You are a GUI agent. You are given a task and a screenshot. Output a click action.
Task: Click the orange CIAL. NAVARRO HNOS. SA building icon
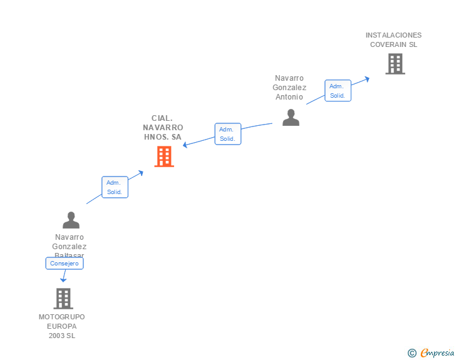pos(164,157)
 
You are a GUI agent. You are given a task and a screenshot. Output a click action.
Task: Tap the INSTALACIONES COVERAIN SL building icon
pos(395,64)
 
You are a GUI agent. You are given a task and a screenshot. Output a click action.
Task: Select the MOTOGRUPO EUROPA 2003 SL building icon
pos(63,299)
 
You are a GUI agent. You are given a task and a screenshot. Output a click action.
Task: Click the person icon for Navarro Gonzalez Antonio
pos(291,117)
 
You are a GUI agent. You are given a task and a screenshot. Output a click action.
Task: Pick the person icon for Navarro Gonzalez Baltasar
pos(71,220)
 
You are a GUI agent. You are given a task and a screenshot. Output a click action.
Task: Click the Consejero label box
pos(65,264)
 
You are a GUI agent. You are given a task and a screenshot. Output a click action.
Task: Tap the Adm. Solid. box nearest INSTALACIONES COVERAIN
pos(338,91)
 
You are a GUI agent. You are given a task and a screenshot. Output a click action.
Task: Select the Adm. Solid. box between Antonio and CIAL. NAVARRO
pos(227,134)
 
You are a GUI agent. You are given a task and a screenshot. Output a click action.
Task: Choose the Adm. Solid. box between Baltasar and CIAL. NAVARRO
pos(115,187)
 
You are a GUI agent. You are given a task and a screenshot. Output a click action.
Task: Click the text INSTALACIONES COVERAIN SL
pos(393,40)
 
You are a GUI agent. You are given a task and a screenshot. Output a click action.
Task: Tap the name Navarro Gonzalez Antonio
pos(290,88)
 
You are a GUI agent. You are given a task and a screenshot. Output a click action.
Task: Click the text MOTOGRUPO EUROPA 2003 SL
pos(62,326)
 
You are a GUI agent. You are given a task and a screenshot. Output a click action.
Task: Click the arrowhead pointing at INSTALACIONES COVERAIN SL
pos(368,78)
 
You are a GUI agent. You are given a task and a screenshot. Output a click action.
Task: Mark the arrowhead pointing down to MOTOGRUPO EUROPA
pos(63,280)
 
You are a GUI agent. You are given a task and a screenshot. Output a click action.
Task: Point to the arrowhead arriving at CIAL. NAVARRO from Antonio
pos(185,145)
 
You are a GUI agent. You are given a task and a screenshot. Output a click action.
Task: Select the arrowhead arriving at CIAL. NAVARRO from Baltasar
pos(141,172)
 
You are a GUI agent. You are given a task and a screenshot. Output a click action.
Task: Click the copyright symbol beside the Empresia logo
pos(412,353)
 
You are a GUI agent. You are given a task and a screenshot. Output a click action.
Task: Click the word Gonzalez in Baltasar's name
pos(70,247)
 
